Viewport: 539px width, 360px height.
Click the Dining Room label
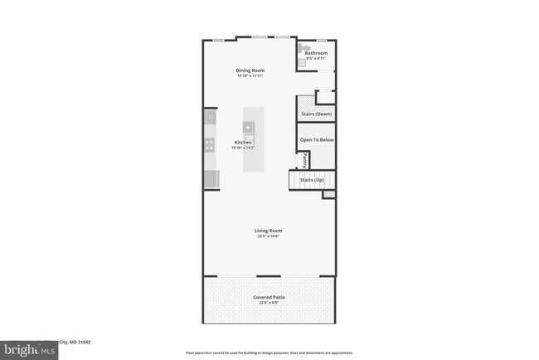pyautogui.click(x=250, y=71)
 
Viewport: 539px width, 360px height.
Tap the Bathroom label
pyautogui.click(x=317, y=53)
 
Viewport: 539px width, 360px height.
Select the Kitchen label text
pyautogui.click(x=243, y=143)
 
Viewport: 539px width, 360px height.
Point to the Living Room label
pyautogui.click(x=269, y=231)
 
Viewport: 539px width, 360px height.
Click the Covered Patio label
pyautogui.click(x=269, y=297)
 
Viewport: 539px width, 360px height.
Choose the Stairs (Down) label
pyautogui.click(x=316, y=114)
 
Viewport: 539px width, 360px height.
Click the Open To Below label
pyautogui.click(x=317, y=139)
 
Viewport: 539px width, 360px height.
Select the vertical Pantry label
pyautogui.click(x=304, y=159)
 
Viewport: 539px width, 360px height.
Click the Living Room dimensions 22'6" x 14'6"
pyautogui.click(x=269, y=236)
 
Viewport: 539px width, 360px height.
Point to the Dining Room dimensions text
pyautogui.click(x=250, y=76)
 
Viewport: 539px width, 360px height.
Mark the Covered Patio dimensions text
pyautogui.click(x=269, y=303)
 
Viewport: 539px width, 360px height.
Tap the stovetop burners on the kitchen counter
pyautogui.click(x=210, y=146)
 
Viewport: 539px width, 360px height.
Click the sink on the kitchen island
pyautogui.click(x=248, y=127)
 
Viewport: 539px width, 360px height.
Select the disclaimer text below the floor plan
pyautogui.click(x=269, y=353)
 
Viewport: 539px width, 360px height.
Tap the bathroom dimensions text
pyautogui.click(x=316, y=59)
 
